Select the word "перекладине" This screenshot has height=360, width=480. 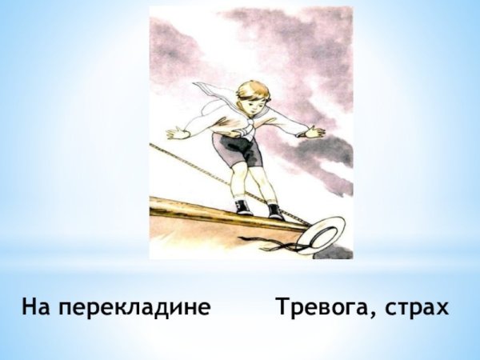[x=134, y=307]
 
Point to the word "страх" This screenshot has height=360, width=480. [x=421, y=307]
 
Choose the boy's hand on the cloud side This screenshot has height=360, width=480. [x=315, y=132]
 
